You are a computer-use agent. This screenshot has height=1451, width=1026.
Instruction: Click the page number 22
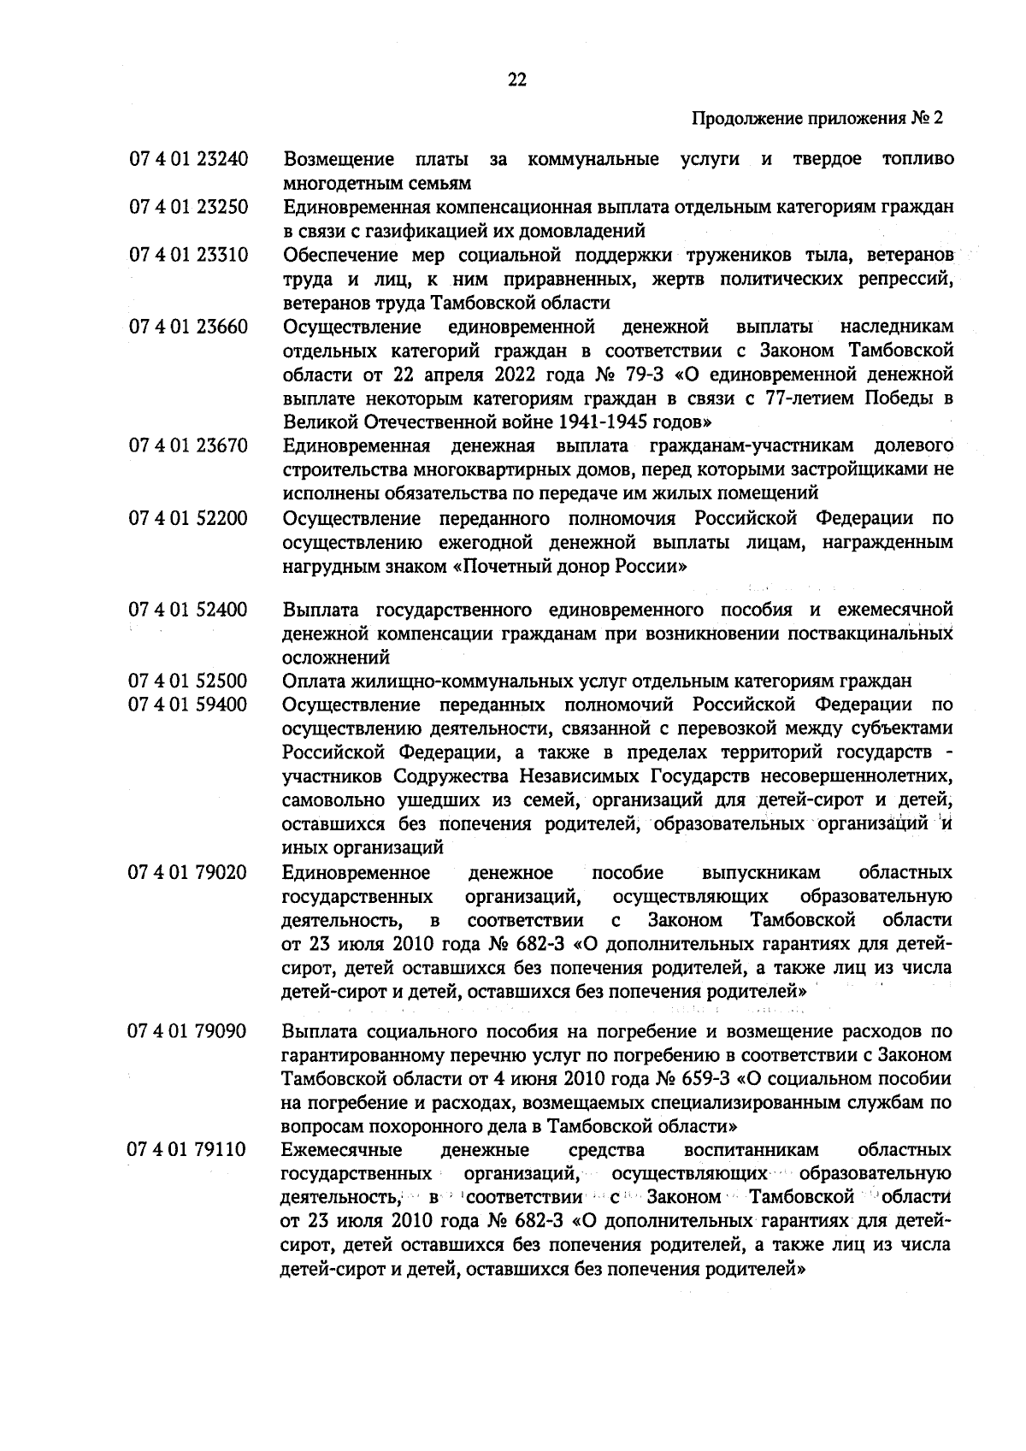[516, 80]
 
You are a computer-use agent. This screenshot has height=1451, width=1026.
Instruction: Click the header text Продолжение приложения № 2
[816, 119]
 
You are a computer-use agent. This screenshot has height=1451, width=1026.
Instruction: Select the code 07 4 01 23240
[188, 160]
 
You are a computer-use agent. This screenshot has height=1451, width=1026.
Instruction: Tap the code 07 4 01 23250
[188, 208]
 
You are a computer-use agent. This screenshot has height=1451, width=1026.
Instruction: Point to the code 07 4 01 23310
[188, 256]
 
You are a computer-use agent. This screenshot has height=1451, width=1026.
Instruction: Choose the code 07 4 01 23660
[188, 327]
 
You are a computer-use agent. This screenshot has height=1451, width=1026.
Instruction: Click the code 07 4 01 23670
[188, 445]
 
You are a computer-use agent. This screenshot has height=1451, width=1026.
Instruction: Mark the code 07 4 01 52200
[188, 519]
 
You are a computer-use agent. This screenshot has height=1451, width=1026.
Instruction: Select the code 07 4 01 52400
[188, 610]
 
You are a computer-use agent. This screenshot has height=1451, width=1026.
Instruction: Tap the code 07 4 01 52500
[188, 681]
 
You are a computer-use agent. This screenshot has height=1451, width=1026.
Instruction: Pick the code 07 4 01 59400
[188, 705]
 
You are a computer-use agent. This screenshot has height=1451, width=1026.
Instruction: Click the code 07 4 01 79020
[188, 873]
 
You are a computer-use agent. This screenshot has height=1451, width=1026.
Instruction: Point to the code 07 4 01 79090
[188, 1031]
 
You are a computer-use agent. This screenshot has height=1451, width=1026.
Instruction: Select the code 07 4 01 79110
[188, 1149]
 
